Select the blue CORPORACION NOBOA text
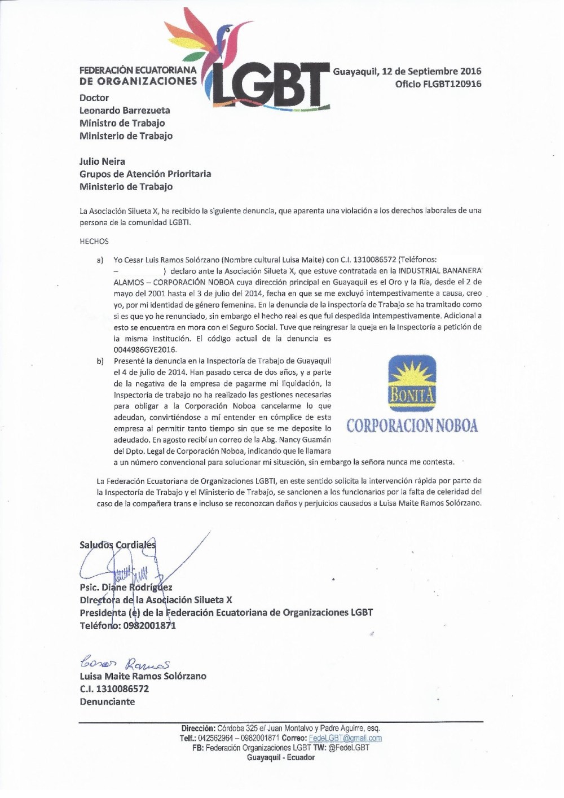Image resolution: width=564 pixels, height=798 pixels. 412,426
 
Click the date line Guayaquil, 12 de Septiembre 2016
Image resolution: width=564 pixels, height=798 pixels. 407,71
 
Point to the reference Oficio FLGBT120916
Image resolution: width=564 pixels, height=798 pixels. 438,84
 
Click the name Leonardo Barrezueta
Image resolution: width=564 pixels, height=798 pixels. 124,111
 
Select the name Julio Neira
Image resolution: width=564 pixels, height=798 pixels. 102,161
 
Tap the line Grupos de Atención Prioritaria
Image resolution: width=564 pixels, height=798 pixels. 145,174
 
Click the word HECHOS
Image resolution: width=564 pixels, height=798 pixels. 94,241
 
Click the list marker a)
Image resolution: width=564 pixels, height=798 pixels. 100,260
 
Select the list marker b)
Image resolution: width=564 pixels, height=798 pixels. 100,361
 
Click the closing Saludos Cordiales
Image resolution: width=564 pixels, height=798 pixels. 117,545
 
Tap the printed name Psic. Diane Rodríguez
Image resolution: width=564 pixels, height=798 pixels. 126,587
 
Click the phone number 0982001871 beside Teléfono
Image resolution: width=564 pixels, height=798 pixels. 148,625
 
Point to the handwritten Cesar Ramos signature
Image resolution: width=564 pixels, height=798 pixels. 125,663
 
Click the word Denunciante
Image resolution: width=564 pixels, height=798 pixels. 107,701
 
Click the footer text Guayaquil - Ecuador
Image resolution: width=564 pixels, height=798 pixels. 280,757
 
